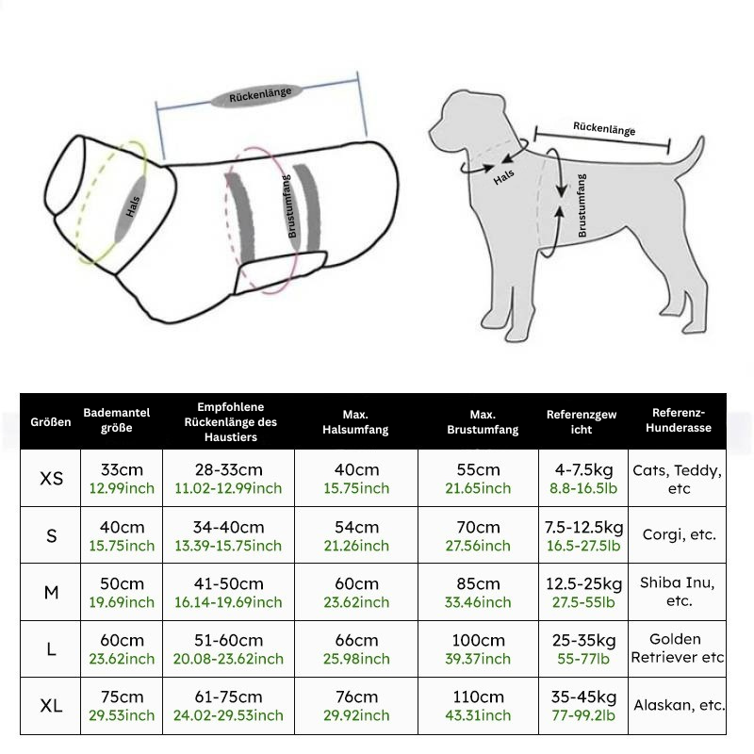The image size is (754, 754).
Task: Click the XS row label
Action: click(x=52, y=478)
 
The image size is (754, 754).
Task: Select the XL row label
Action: click(x=52, y=705)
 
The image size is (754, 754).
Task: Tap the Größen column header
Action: click(x=50, y=422)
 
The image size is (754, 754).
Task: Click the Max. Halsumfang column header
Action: click(x=355, y=422)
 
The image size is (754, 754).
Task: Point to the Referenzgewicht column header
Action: click(x=582, y=422)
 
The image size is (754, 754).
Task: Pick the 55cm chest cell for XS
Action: click(x=478, y=478)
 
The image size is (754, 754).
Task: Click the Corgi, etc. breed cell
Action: click(x=679, y=534)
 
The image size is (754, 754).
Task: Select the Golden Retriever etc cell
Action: click(x=678, y=648)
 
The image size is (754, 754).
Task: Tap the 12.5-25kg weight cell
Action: click(x=584, y=592)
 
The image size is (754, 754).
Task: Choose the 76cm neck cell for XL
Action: click(x=355, y=705)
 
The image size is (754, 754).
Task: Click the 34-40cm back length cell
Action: click(x=228, y=535)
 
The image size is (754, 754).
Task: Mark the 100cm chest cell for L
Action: click(x=478, y=648)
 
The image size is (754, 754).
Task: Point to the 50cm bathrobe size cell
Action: click(x=122, y=592)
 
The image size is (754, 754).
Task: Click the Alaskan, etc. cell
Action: click(x=679, y=705)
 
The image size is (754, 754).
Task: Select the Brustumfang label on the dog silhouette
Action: click(x=582, y=205)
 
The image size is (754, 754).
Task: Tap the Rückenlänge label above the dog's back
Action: click(x=604, y=129)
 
